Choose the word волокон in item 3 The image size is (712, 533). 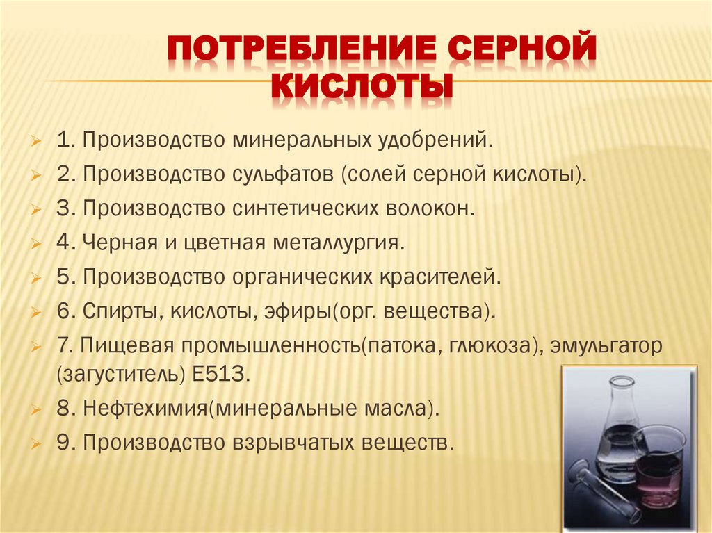pyautogui.click(x=426, y=208)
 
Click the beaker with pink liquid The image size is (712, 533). pyautogui.click(x=656, y=470)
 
